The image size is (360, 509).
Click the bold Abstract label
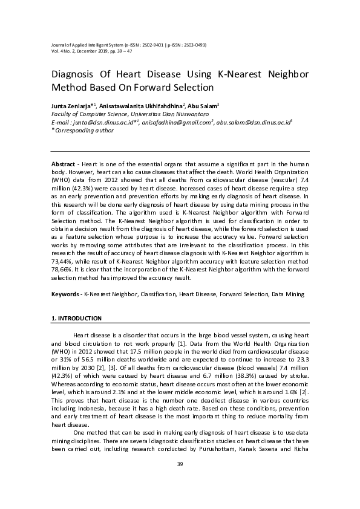[x=63, y=164]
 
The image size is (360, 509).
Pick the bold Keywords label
[x=65, y=294]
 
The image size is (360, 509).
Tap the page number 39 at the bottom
[x=180, y=464]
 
